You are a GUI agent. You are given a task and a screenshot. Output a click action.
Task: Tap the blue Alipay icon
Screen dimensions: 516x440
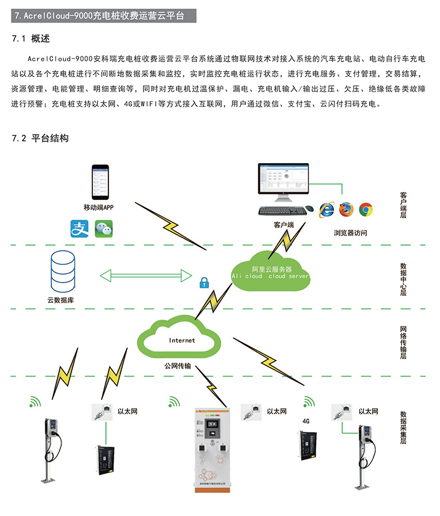(79, 229)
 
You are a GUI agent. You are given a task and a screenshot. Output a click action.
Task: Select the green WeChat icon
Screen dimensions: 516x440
(103, 229)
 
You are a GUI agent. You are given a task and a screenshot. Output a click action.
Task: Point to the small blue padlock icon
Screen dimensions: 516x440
(204, 283)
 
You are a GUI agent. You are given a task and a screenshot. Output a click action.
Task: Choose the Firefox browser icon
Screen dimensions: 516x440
(346, 209)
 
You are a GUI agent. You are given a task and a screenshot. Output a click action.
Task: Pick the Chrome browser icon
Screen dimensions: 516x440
(366, 209)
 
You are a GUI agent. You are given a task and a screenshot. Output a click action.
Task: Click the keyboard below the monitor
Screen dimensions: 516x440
(282, 210)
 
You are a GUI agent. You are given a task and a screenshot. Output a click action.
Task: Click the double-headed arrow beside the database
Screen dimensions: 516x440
(145, 275)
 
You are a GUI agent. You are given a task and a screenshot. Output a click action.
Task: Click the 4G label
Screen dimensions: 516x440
(306, 421)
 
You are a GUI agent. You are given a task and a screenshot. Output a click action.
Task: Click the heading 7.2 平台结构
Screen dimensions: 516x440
(40, 139)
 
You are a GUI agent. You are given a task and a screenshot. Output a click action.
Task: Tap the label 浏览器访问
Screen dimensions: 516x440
(350, 233)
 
